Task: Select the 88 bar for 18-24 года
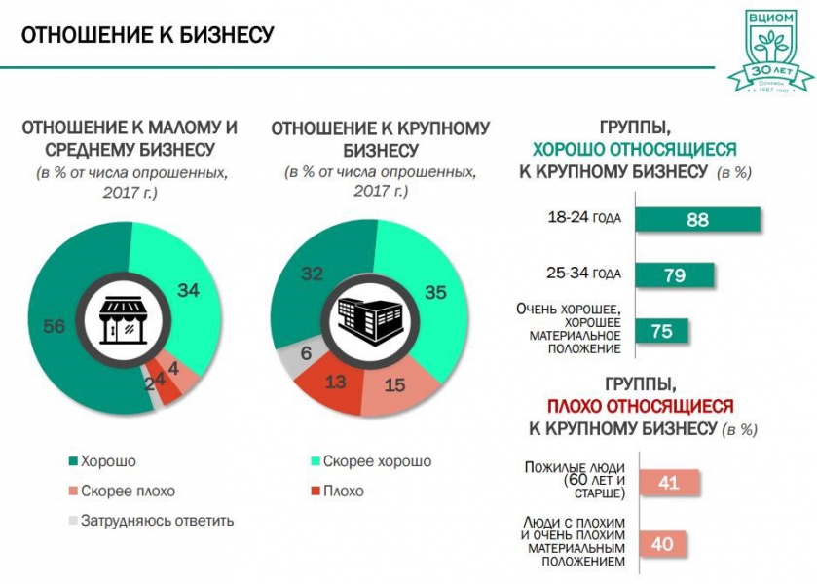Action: (x=697, y=219)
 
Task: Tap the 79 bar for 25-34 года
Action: (x=675, y=274)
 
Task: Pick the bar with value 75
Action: (x=662, y=331)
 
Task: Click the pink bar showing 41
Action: (x=668, y=481)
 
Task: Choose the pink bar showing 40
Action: (x=662, y=544)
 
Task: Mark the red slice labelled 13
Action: (x=335, y=383)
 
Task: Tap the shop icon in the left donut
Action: (x=121, y=319)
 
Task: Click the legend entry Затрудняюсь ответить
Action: (x=150, y=520)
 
